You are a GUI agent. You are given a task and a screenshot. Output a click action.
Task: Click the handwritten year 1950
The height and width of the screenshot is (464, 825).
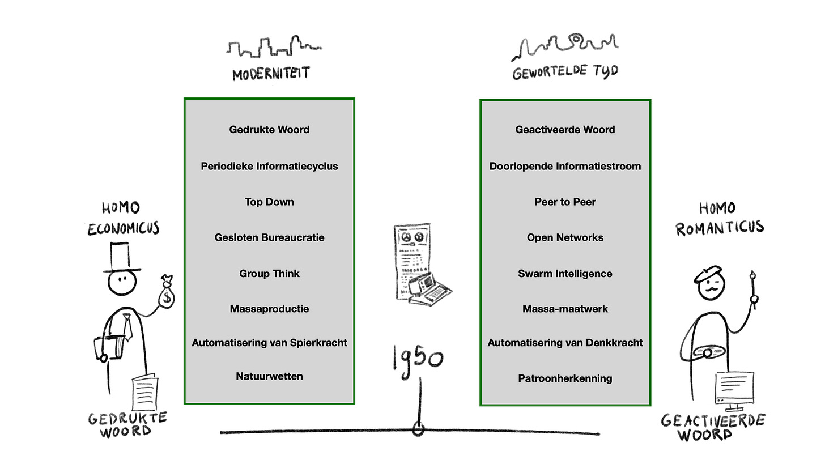[x=418, y=358]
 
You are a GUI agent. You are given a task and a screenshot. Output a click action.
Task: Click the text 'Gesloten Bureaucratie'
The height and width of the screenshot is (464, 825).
[x=269, y=237]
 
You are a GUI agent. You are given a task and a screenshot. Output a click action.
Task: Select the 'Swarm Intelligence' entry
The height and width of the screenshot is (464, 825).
[x=565, y=274]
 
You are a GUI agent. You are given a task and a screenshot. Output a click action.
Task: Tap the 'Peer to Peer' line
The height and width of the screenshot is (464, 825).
[x=565, y=202]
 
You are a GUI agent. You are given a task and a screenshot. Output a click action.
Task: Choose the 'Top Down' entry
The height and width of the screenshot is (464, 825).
[x=269, y=202]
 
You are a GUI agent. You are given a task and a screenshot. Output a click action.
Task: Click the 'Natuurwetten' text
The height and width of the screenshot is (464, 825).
[x=269, y=376]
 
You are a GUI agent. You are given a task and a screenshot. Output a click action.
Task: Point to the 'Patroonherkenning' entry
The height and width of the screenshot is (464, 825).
[x=565, y=378]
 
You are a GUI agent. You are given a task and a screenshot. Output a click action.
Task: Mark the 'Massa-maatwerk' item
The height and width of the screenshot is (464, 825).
[x=565, y=309]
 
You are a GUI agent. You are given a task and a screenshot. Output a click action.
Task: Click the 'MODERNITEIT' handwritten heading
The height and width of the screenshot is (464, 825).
[x=271, y=74]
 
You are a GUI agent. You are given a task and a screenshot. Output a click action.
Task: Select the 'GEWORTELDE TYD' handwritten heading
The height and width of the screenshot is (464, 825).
[x=565, y=72]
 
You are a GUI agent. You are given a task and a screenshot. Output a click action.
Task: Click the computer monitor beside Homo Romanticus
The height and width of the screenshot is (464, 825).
[x=734, y=388]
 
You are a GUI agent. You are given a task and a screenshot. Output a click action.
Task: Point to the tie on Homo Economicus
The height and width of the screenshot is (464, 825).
[x=127, y=327]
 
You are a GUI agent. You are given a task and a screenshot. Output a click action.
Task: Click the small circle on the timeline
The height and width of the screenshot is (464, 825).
[x=418, y=429]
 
